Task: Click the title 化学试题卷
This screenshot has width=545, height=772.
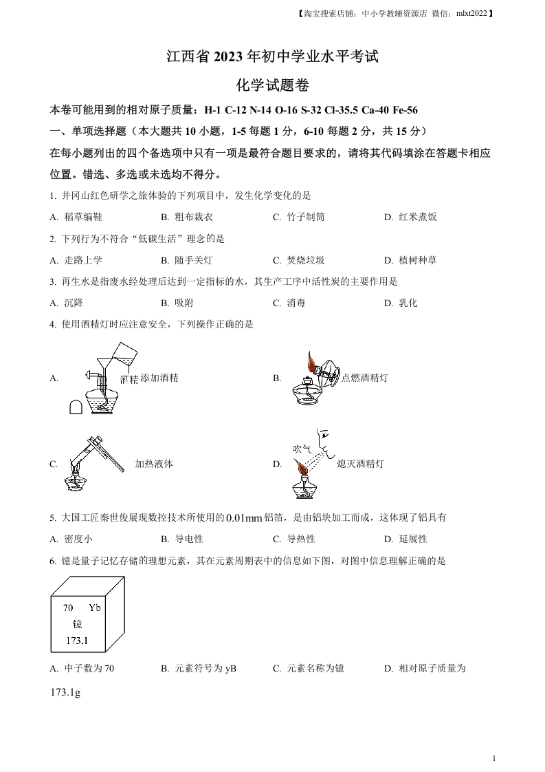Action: point(272,85)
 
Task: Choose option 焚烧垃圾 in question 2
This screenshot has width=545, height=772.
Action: point(305,260)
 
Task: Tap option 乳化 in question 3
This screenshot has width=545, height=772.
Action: point(408,303)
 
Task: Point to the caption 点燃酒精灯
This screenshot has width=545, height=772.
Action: point(365,378)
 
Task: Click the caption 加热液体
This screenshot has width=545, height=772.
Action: point(154,464)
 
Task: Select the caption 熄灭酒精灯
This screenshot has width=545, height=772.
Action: point(361,464)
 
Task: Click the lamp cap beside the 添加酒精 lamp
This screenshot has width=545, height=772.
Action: point(76,407)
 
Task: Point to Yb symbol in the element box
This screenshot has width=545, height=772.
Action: point(95,608)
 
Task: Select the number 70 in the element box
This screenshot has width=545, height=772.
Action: point(68,608)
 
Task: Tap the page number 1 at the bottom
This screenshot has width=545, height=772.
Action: point(494,758)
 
